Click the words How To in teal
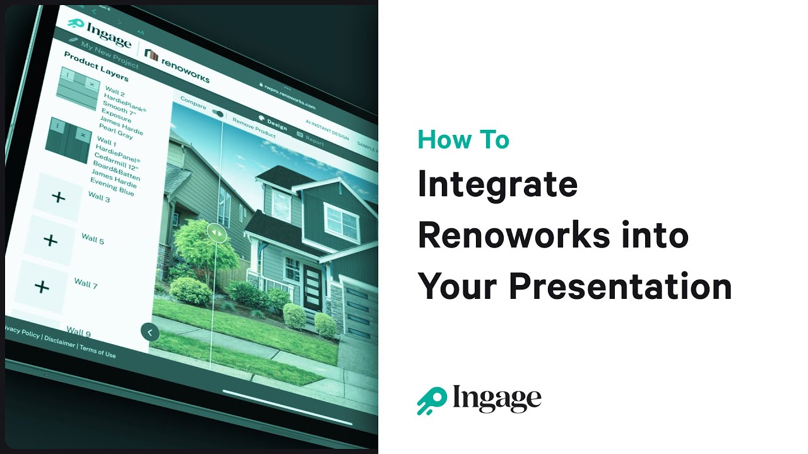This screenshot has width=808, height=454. click(x=463, y=139)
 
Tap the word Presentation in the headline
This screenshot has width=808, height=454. click(x=620, y=286)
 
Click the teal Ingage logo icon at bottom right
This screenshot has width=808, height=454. click(x=431, y=400)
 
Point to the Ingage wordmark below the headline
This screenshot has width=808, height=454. click(x=497, y=399)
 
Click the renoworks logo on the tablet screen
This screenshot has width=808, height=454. click(x=177, y=65)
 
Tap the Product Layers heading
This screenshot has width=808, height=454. click(x=96, y=66)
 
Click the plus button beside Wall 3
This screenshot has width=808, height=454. click(x=58, y=197)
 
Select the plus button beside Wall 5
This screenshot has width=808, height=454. click(x=50, y=240)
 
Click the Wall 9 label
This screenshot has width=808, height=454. click(x=78, y=331)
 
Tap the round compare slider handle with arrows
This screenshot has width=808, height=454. click(x=216, y=232)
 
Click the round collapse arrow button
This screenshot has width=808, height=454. click(x=150, y=332)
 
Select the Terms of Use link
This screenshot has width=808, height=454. click(x=98, y=351)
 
